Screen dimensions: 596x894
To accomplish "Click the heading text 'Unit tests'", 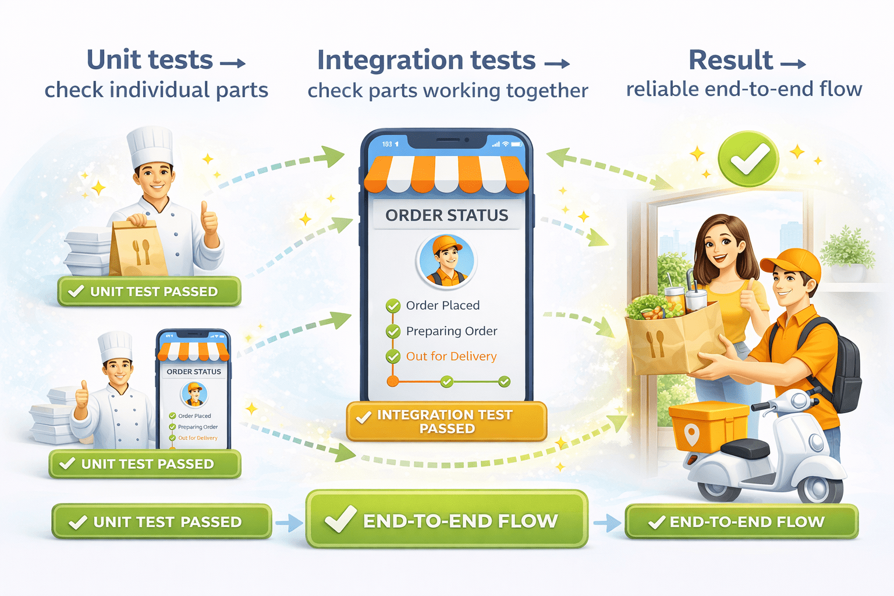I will (x=150, y=60).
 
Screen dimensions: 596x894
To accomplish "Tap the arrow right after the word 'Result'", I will (x=793, y=63).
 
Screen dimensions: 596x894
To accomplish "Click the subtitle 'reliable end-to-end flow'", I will (x=744, y=89).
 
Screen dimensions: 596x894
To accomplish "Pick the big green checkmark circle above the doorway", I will (x=748, y=158).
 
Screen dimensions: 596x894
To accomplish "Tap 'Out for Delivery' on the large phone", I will (x=451, y=356).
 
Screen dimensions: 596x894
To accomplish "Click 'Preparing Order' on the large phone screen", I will (x=451, y=331).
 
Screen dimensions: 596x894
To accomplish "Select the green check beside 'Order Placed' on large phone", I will (x=393, y=306).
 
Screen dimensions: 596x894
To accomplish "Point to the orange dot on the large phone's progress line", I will (x=393, y=382).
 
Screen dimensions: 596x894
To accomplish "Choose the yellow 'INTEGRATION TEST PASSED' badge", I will (x=446, y=421).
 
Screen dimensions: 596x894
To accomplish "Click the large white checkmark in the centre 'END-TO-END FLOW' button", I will (x=340, y=519).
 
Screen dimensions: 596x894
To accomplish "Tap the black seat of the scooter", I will (x=745, y=448).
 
